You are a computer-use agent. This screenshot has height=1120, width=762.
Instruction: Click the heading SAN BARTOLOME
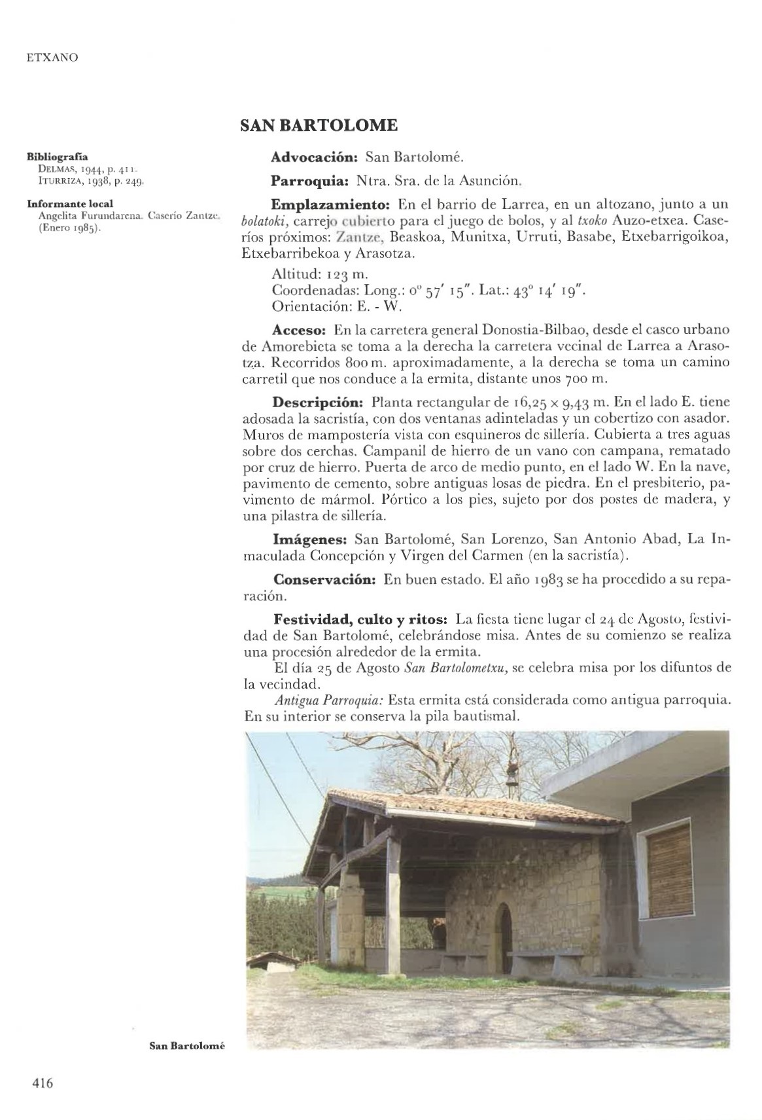pos(318,125)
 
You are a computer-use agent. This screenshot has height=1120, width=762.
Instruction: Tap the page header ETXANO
pos(52,58)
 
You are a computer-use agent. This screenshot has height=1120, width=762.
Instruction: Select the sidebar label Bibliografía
pos(57,157)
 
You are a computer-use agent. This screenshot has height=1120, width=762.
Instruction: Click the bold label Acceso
pos(298,331)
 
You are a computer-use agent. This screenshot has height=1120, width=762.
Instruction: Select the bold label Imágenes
pos(309,539)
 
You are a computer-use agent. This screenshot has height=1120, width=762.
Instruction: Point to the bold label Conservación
pos(323,580)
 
